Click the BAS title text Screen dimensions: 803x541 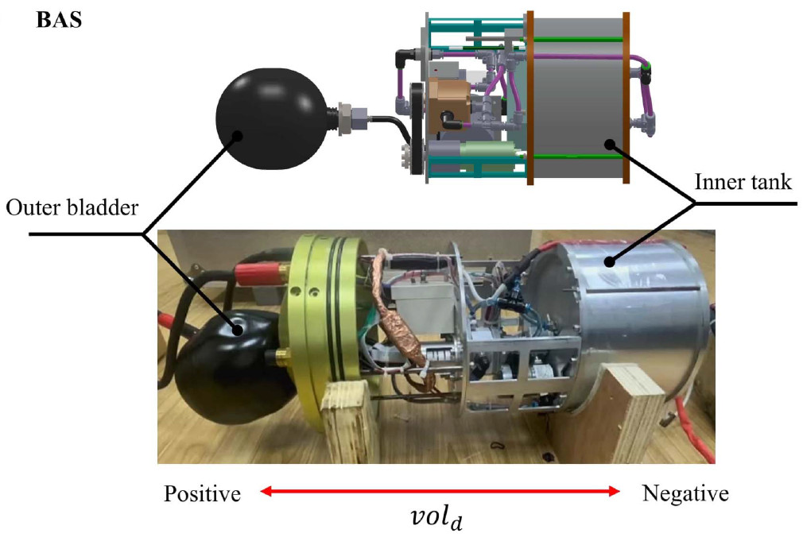(x=59, y=20)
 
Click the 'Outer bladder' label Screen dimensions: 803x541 (x=72, y=208)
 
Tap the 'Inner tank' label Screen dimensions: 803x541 (x=743, y=182)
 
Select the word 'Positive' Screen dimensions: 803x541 (x=202, y=494)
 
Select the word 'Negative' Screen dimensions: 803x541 (x=685, y=493)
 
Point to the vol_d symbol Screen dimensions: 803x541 (x=436, y=517)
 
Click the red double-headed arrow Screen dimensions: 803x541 (x=440, y=492)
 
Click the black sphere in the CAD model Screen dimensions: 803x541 (x=270, y=118)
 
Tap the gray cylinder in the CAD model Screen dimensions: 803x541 (x=578, y=97)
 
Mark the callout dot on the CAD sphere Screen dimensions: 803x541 (x=237, y=136)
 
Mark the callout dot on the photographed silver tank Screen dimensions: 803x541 (x=609, y=262)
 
